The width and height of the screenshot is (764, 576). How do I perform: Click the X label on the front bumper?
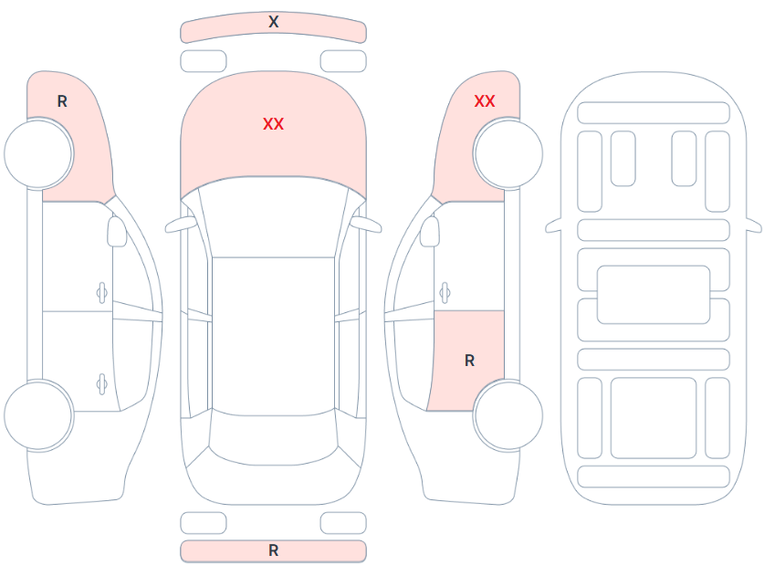pos(273,22)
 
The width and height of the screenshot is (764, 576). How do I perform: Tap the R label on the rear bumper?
pos(273,550)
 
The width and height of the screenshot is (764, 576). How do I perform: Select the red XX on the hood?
pos(273,124)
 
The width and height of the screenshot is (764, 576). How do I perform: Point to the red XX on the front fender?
pos(485,101)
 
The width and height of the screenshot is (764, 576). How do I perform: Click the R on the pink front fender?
pos(62,101)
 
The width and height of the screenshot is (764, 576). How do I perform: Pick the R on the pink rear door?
pos(469,361)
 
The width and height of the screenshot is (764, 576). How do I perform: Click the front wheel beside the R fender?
pos(38,153)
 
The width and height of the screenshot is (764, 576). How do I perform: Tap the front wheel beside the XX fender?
pos(508,153)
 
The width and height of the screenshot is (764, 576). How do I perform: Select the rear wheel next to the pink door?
pos(508,415)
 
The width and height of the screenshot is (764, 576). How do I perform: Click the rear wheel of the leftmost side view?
pos(38,415)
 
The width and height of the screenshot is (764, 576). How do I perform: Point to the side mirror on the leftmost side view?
pos(117,231)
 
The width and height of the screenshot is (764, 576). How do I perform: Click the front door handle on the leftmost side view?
pos(102,293)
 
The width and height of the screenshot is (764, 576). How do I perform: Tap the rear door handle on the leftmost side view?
pos(102,384)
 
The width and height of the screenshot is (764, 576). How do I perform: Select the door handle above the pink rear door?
pos(445,293)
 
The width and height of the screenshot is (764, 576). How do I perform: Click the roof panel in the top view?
pos(273,336)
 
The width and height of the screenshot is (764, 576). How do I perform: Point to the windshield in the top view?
pos(273,218)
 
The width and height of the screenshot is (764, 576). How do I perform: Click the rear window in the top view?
pos(273,437)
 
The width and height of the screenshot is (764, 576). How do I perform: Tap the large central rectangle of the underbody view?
pos(654,294)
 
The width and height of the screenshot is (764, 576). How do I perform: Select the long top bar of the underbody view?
pos(654,113)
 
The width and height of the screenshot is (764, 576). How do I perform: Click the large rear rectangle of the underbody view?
pos(654,418)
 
